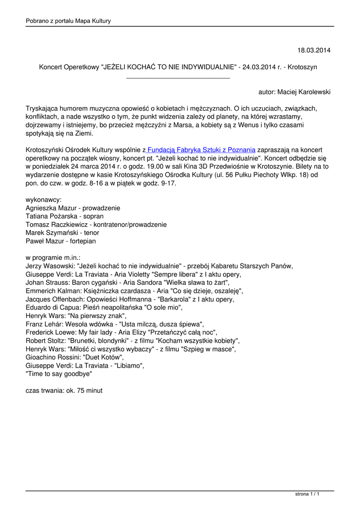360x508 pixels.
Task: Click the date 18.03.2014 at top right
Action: coord(313,50)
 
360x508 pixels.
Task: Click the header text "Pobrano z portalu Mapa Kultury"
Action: coord(68,21)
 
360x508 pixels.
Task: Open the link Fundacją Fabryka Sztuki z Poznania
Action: coord(201,150)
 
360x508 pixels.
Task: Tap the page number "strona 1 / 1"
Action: coord(307,494)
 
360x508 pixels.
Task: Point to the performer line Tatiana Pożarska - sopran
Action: coord(65,216)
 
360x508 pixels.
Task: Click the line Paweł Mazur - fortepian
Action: coord(61,241)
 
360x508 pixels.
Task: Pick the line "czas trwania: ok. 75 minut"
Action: coord(64,390)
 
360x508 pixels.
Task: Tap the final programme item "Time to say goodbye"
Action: coord(59,374)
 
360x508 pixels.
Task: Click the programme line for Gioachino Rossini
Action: coord(75,357)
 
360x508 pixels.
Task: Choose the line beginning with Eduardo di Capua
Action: coord(104,308)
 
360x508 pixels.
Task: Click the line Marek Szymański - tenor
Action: coord(62,233)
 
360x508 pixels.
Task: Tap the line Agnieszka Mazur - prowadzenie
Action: coord(72,208)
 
